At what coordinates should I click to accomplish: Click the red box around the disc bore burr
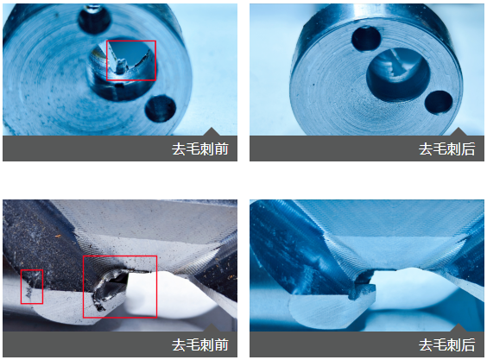(107, 60)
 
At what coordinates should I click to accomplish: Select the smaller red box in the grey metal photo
(21, 287)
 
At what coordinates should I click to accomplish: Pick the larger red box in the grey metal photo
(83, 287)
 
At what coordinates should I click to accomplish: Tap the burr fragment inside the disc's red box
(122, 66)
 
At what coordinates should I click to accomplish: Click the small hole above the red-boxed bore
(94, 19)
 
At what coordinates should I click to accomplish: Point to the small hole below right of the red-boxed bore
(161, 109)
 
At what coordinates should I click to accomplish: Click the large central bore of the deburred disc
(398, 74)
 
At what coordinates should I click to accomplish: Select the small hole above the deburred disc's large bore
(366, 39)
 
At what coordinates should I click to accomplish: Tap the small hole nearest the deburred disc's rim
(439, 103)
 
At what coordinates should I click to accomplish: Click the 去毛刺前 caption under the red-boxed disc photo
(200, 149)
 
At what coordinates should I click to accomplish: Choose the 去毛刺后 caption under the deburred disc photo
(447, 149)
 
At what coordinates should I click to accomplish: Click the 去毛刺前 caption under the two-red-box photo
(200, 345)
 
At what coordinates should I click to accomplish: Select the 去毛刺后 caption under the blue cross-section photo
(447, 345)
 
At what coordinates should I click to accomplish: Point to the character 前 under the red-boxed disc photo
(222, 149)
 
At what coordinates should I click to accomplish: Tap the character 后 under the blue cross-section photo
(468, 345)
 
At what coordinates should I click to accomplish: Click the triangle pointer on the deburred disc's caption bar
(459, 132)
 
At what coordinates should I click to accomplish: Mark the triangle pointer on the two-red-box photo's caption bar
(212, 328)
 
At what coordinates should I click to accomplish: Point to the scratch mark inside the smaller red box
(30, 291)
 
